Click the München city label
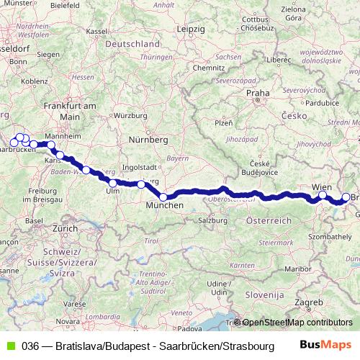[165, 206]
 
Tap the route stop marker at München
[163, 197]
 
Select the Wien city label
[322, 187]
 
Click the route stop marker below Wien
[323, 195]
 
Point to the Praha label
[257, 93]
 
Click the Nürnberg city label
[148, 139]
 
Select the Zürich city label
[64, 228]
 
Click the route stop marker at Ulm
[112, 183]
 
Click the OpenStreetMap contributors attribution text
[297, 323]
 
